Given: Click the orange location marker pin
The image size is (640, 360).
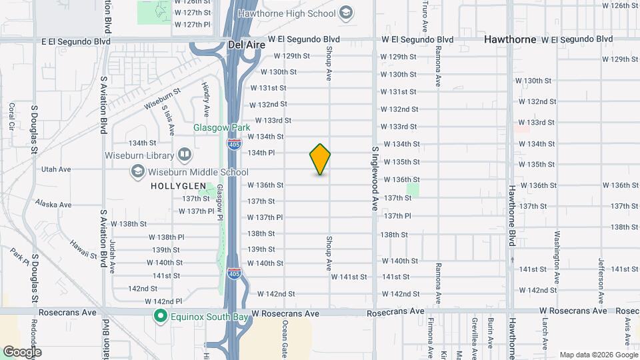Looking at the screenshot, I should pyautogui.click(x=320, y=159).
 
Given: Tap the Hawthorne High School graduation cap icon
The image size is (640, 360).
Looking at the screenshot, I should pyautogui.click(x=346, y=13).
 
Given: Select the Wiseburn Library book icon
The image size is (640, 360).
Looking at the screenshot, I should pyautogui.click(x=185, y=155).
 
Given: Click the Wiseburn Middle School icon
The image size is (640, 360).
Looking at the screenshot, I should pyautogui.click(x=137, y=172).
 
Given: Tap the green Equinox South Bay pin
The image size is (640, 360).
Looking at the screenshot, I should pyautogui.click(x=160, y=316).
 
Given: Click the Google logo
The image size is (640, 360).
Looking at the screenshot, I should pyautogui.click(x=22, y=352).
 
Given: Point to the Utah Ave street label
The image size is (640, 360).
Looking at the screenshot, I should pyautogui.click(x=56, y=169).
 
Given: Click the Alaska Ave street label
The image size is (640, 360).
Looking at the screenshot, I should pyautogui.click(x=53, y=204).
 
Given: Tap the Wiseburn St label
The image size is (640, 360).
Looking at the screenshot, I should pyautogui.click(x=162, y=99).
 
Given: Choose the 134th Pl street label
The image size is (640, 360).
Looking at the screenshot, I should pyautogui.click(x=261, y=153).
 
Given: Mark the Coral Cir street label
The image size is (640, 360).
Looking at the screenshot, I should pyautogui.click(x=12, y=116).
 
